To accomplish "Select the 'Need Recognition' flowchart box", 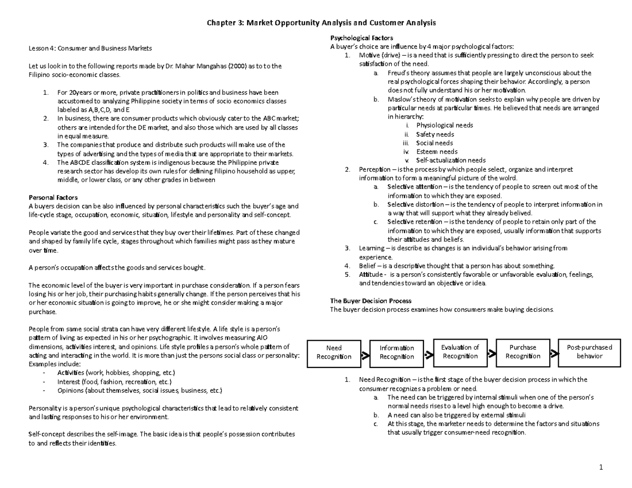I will click(x=334, y=352).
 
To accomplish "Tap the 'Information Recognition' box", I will click(x=397, y=352).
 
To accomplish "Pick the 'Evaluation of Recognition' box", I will click(x=460, y=352).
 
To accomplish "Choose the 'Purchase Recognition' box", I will click(x=522, y=352).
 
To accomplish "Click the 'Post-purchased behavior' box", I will click(x=589, y=352).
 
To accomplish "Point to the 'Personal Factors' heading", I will click(x=53, y=197).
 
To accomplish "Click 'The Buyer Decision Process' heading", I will click(x=370, y=301).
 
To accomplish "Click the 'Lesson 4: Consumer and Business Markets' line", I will click(x=90, y=48).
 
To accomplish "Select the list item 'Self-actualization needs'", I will click(x=451, y=160).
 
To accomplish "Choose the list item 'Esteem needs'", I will click(x=437, y=152).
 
